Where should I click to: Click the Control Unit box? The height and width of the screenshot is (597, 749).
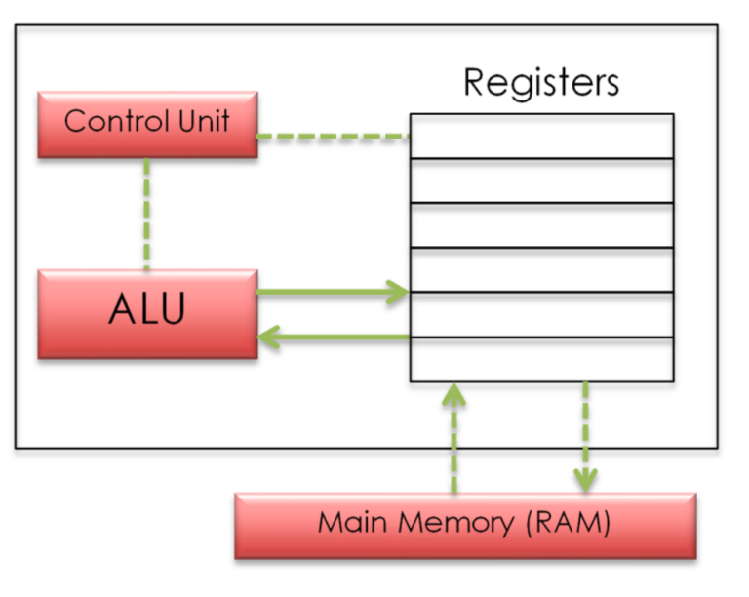click(x=147, y=124)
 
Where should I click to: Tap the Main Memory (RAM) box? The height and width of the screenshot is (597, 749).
click(x=465, y=525)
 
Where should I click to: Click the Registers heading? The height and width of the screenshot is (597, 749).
click(x=541, y=82)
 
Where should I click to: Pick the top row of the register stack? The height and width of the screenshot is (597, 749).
click(x=541, y=137)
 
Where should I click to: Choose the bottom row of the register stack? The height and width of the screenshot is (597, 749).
click(x=541, y=359)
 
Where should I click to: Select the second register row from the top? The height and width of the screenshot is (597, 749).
click(x=541, y=180)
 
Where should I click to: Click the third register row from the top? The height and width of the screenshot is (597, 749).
click(x=541, y=225)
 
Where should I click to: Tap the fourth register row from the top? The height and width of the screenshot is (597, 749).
click(x=541, y=270)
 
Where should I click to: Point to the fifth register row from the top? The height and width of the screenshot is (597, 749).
click(x=541, y=314)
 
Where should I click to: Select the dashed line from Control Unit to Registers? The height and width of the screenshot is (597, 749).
click(x=333, y=138)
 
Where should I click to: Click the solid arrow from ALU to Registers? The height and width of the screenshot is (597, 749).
click(x=333, y=292)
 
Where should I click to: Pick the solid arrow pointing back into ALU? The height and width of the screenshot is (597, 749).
click(x=333, y=338)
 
